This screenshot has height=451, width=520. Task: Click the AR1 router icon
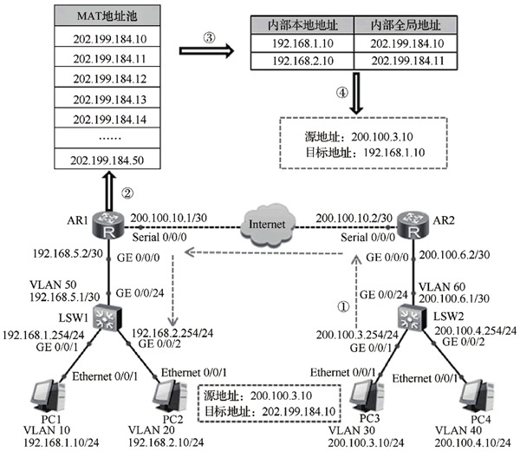[108, 225]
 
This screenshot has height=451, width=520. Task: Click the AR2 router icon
[413, 225]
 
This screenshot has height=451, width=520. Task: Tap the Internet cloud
[267, 225]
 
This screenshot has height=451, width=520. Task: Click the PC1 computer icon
[48, 397]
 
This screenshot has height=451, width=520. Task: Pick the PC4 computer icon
[477, 397]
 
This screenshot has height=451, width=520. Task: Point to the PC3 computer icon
[367, 397]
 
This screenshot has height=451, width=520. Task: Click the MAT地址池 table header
[107, 16]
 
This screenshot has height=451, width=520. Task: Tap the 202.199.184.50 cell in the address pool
[107, 159]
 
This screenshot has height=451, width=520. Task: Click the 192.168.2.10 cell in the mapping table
[302, 61]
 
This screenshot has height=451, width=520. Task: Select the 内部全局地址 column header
[406, 25]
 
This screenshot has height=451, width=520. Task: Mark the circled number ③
[209, 37]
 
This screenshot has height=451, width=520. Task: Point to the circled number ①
[343, 306]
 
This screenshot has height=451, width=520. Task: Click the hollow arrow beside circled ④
[356, 94]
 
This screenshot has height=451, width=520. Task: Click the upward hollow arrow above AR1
[109, 191]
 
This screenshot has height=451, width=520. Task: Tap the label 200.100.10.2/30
[354, 218]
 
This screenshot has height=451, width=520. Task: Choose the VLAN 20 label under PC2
[151, 430]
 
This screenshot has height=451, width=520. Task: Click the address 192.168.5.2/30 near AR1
[68, 253]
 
